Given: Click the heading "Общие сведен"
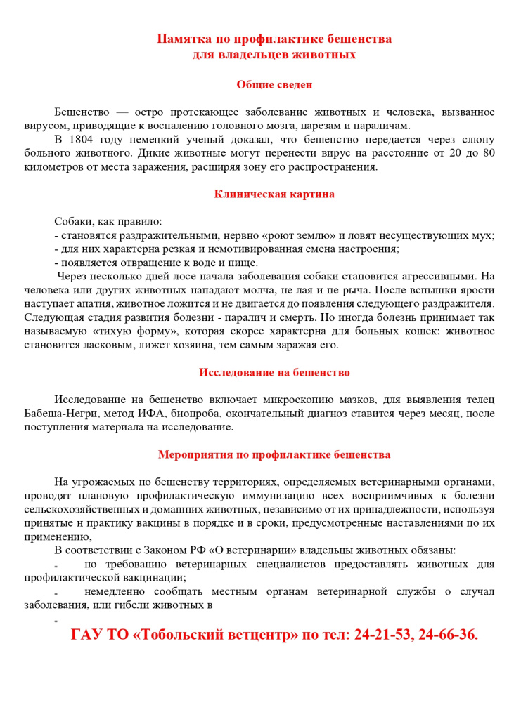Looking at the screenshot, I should (x=274, y=85).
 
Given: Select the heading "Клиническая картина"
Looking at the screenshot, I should (x=274, y=194).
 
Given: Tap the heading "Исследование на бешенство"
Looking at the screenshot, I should (x=274, y=373).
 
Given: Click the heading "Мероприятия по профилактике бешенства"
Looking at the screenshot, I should (x=274, y=454).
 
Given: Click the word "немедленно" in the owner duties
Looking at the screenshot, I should (x=115, y=592).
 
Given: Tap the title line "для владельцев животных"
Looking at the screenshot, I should (x=274, y=53).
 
